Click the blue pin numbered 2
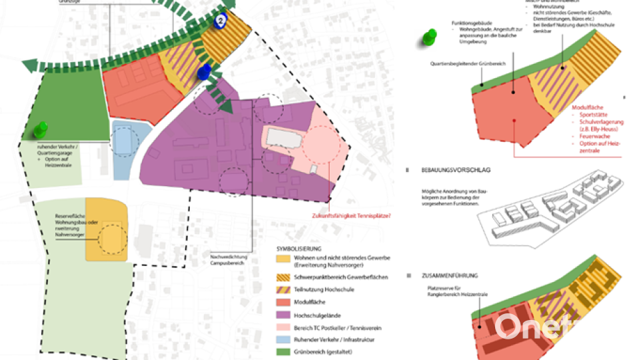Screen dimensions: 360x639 (x=221, y=20)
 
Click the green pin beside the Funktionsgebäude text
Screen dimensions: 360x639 (x=430, y=37)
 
